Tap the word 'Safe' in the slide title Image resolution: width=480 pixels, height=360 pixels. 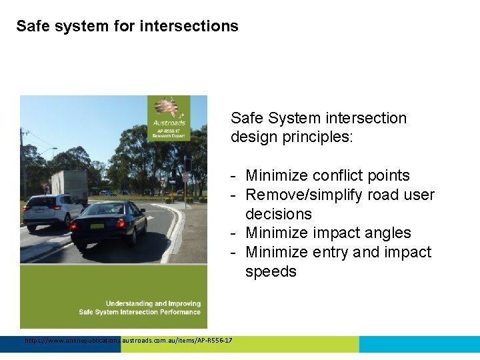[30, 26]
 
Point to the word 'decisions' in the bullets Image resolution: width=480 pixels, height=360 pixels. [278, 214]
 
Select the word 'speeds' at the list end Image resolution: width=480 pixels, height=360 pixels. [271, 271]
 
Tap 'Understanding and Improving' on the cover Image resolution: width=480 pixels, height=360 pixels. [153, 303]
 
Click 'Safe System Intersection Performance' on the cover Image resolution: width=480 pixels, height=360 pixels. [139, 312]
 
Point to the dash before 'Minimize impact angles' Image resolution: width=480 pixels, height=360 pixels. [235, 233]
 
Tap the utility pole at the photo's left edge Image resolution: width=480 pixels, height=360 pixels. [24, 160]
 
